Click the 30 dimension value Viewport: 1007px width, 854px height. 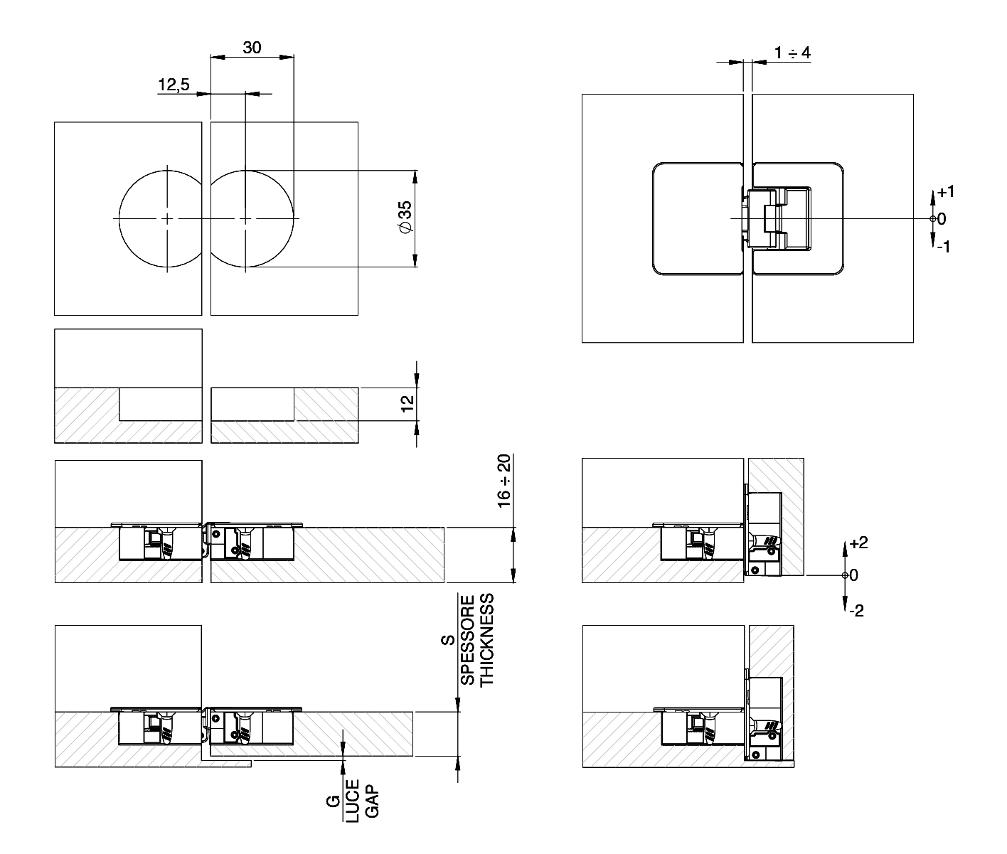pyautogui.click(x=252, y=48)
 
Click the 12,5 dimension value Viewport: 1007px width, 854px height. pyautogui.click(x=174, y=85)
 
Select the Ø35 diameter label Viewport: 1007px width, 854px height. pyautogui.click(x=405, y=218)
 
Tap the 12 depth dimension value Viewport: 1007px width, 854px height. pyautogui.click(x=407, y=404)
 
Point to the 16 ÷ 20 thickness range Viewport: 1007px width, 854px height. pyautogui.click(x=504, y=481)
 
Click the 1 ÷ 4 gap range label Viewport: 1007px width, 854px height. pyautogui.click(x=793, y=53)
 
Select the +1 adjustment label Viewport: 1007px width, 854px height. pyautogui.click(x=946, y=192)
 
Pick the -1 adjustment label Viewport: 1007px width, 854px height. pyautogui.click(x=944, y=247)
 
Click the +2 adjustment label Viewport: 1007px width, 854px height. pyautogui.click(x=858, y=543)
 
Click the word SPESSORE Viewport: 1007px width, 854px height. pyautogui.click(x=467, y=640)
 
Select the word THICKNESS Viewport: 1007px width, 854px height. pyautogui.click(x=486, y=640)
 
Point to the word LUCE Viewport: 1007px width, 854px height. pyautogui.click(x=352, y=801)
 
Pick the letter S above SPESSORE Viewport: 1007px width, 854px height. pyautogui.click(x=448, y=640)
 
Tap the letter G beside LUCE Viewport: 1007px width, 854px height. pyautogui.click(x=334, y=801)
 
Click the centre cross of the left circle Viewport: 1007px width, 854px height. pyautogui.click(x=167, y=219)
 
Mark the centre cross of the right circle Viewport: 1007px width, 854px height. pyautogui.click(x=245, y=219)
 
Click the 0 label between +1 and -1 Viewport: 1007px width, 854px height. pyautogui.click(x=942, y=219)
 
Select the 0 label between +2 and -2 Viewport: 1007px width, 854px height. pyautogui.click(x=853, y=575)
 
